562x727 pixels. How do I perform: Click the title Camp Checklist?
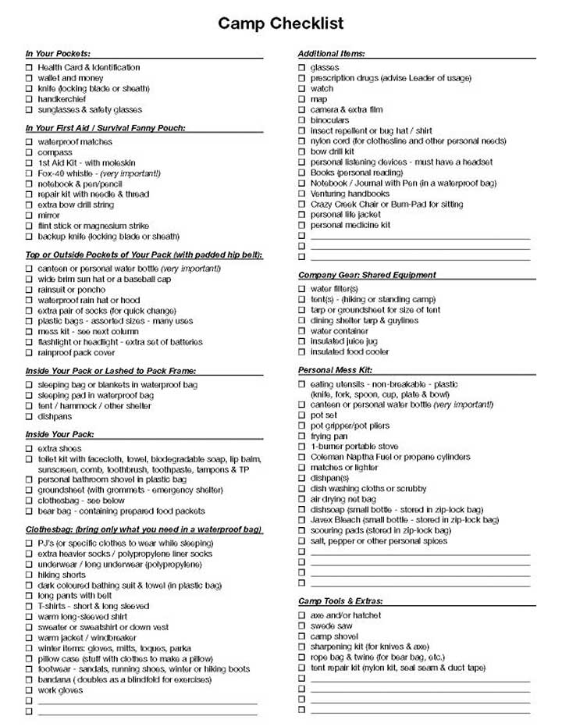pyautogui.click(x=281, y=24)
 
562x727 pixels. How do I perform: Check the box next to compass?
pyautogui.click(x=29, y=152)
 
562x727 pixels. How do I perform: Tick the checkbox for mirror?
pyautogui.click(x=29, y=216)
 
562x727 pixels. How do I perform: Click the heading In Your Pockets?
pyautogui.click(x=58, y=53)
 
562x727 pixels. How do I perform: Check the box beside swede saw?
pyautogui.click(x=302, y=626)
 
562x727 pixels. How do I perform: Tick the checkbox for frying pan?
pyautogui.click(x=302, y=437)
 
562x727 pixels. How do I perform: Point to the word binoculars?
pyautogui.click(x=330, y=120)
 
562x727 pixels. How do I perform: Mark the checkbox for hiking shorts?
pyautogui.click(x=29, y=575)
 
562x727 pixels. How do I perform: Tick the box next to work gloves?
pyautogui.click(x=29, y=690)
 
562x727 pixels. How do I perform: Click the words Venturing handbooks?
pyautogui.click(x=350, y=194)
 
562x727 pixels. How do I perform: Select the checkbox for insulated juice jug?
pyautogui.click(x=302, y=341)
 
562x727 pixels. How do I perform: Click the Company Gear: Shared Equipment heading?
pyautogui.click(x=367, y=275)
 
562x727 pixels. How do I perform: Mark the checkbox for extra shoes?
pyautogui.click(x=29, y=449)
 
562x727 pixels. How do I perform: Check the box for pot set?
pyautogui.click(x=302, y=415)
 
